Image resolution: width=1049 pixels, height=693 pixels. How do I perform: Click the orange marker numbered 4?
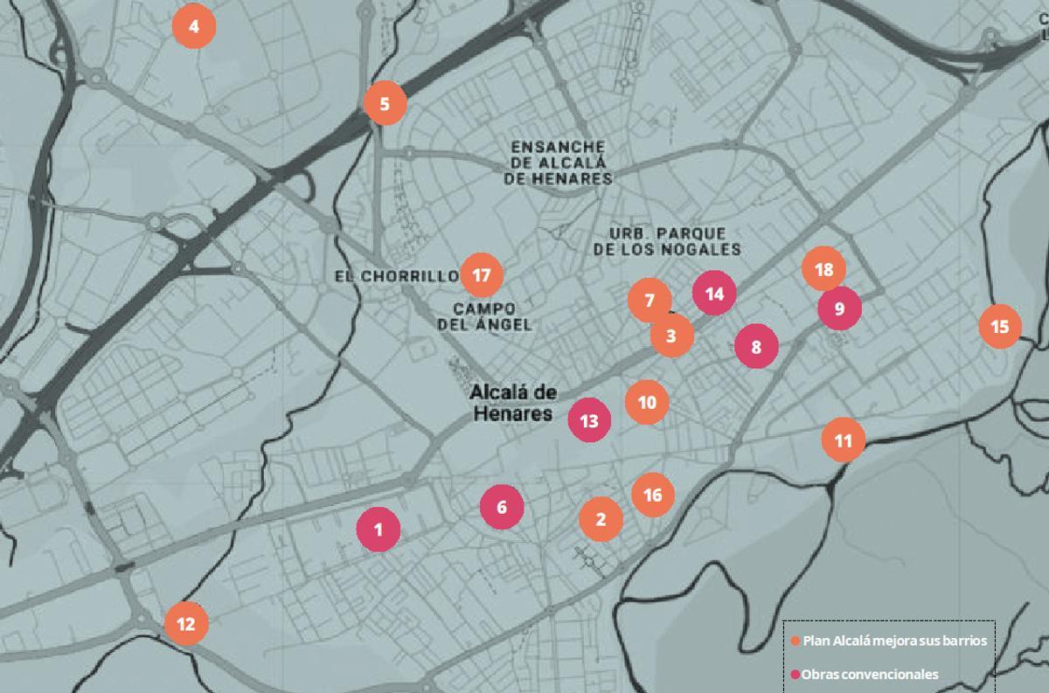194,26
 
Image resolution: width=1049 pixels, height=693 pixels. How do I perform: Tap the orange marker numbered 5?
386,104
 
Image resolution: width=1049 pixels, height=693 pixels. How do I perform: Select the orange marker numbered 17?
481,275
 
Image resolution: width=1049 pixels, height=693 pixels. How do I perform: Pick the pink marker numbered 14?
714,294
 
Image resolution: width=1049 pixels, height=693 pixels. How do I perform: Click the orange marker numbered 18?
823,270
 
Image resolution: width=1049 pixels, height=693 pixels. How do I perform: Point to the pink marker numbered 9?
839,308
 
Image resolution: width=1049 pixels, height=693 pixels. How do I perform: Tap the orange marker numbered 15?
1000,327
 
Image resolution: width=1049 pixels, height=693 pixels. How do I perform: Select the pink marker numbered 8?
756,347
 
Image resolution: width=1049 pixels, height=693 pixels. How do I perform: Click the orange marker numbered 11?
844,440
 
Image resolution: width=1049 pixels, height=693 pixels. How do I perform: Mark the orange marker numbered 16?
653,495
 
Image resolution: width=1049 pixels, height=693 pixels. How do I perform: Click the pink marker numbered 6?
502,507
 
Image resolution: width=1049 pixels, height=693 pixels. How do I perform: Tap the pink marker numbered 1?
379,529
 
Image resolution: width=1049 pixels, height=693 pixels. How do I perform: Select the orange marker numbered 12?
186,624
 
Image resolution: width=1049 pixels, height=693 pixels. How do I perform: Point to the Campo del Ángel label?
492,316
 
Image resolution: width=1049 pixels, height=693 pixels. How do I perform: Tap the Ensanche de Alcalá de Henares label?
558,163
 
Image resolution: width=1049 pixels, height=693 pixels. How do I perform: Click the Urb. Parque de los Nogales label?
667,241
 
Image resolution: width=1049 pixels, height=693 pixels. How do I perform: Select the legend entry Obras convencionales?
869,674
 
